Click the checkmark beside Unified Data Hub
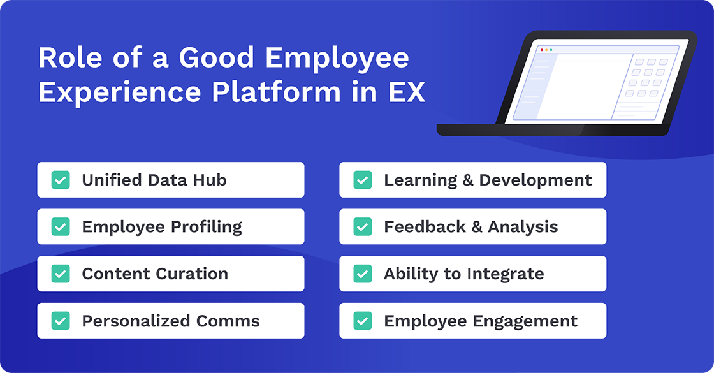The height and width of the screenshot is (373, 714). [x=61, y=180]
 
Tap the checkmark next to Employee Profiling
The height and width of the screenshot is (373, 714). [x=61, y=227]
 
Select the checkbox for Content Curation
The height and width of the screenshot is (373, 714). [x=61, y=274]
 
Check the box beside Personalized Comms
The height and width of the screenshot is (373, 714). [x=61, y=321]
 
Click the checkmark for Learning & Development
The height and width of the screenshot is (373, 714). [x=363, y=180]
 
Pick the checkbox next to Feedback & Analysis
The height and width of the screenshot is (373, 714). [x=363, y=227]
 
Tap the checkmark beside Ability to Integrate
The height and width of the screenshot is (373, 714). [x=363, y=274]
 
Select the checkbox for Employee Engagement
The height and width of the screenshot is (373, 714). [x=363, y=321]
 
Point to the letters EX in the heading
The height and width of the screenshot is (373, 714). [x=405, y=92]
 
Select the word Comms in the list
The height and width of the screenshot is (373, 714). [x=230, y=321]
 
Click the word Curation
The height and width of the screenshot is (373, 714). [x=192, y=274]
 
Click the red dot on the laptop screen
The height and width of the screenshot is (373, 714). [x=542, y=50]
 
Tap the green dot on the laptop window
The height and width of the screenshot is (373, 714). [x=551, y=50]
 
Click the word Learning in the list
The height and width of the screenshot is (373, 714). [x=420, y=180]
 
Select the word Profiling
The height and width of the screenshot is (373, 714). [x=207, y=228]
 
